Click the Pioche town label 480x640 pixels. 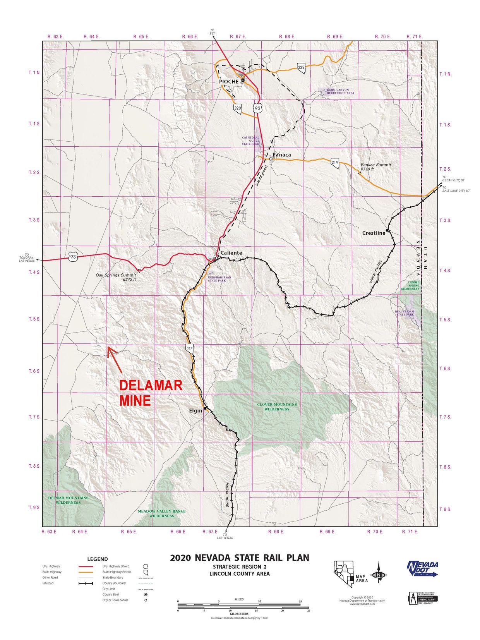229,81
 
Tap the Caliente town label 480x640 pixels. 231,253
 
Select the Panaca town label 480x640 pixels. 282,155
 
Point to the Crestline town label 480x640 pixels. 374,233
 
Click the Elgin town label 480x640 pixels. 195,410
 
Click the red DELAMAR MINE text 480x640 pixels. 150,393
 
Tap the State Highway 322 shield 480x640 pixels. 301,67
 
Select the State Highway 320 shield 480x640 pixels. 238,108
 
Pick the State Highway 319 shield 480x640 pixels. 335,162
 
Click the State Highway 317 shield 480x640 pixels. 189,348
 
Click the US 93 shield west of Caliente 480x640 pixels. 74,256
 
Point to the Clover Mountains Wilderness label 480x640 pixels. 277,407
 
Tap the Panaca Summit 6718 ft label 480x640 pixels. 375,167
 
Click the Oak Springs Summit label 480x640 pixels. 116,277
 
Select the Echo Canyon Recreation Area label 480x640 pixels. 340,91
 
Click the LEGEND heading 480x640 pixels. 98,559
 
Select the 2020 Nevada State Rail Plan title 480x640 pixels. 239,558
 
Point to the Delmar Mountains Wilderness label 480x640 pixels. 68,500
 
